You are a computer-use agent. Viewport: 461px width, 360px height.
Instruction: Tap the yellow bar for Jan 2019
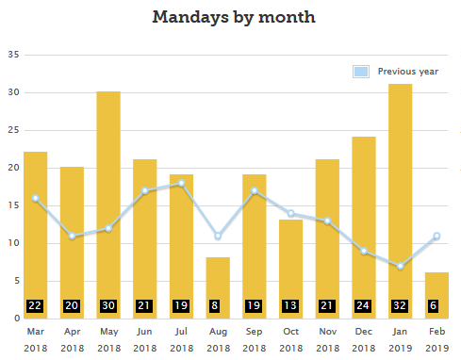click(400, 188)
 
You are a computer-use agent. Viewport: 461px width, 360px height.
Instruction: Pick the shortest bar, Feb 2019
click(436, 287)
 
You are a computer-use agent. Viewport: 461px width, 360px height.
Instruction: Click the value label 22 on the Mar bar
click(35, 306)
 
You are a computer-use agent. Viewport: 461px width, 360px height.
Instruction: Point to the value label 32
click(400, 306)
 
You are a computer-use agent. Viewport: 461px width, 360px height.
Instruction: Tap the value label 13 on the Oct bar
click(290, 306)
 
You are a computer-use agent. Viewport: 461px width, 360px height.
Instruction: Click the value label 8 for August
click(218, 306)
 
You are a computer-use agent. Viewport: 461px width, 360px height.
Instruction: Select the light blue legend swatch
click(360, 72)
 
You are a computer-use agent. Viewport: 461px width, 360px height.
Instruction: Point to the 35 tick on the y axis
click(13, 55)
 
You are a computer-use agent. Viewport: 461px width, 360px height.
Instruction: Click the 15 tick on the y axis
click(13, 205)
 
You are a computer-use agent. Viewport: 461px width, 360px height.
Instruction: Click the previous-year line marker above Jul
click(181, 183)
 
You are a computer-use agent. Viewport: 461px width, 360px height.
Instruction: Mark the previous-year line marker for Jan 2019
click(400, 266)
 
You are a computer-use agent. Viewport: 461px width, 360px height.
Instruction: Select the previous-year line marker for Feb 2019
click(436, 236)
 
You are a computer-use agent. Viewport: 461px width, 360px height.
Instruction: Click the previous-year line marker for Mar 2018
click(35, 198)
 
